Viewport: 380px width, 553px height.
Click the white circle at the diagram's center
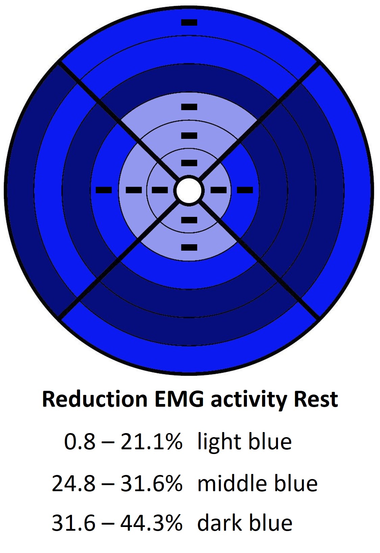[x=189, y=190]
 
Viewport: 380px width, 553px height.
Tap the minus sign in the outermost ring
[x=189, y=23]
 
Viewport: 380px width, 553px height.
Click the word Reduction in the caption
[x=95, y=399]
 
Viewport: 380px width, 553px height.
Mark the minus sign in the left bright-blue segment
[x=104, y=190]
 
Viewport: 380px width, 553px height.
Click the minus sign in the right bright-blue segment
[x=245, y=190]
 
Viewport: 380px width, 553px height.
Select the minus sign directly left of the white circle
[x=160, y=190]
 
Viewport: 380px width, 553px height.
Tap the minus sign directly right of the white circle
[x=218, y=190]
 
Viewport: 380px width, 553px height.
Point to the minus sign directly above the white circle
[x=189, y=163]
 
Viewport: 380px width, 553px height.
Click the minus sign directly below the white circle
[x=189, y=220]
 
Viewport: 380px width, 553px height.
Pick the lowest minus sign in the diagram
[x=189, y=247]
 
